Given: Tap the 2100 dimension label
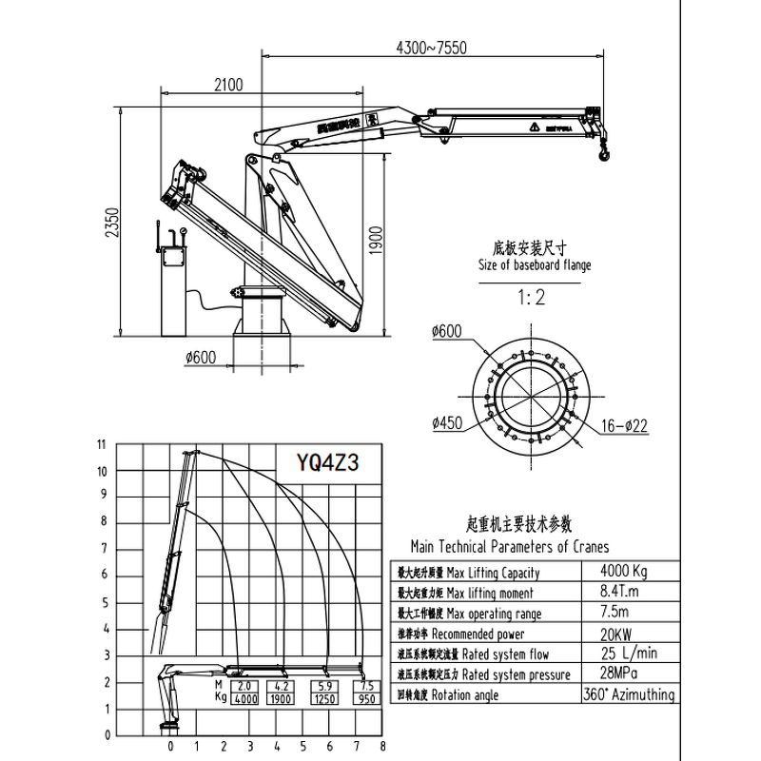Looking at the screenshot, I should pyautogui.click(x=228, y=85).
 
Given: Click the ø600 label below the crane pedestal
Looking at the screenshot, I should pyautogui.click(x=201, y=358).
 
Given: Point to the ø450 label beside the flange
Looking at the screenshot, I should pyautogui.click(x=446, y=422).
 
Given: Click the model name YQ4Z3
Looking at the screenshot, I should pyautogui.click(x=327, y=464).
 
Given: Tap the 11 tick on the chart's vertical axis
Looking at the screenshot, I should pyautogui.click(x=101, y=444).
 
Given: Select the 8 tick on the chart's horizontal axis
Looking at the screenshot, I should pyautogui.click(x=382, y=745).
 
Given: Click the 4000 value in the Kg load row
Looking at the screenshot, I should pyautogui.click(x=244, y=699).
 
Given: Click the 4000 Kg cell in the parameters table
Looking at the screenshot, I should pyautogui.click(x=624, y=571).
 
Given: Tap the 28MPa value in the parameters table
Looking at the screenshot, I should pyautogui.click(x=624, y=673).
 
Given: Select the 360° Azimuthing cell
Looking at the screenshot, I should pyautogui.click(x=629, y=694).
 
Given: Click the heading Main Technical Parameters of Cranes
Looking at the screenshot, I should pyautogui.click(x=509, y=547).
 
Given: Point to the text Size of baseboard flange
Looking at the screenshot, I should pyautogui.click(x=534, y=265).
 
